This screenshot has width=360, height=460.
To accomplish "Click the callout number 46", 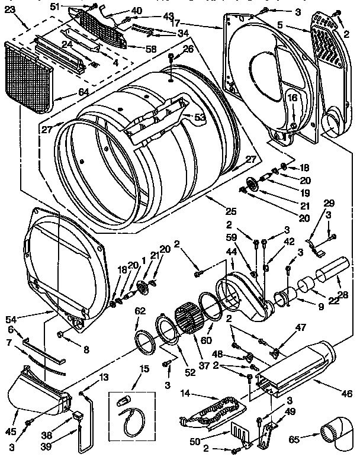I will (346, 393).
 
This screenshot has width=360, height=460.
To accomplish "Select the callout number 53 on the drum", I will (200, 117).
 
